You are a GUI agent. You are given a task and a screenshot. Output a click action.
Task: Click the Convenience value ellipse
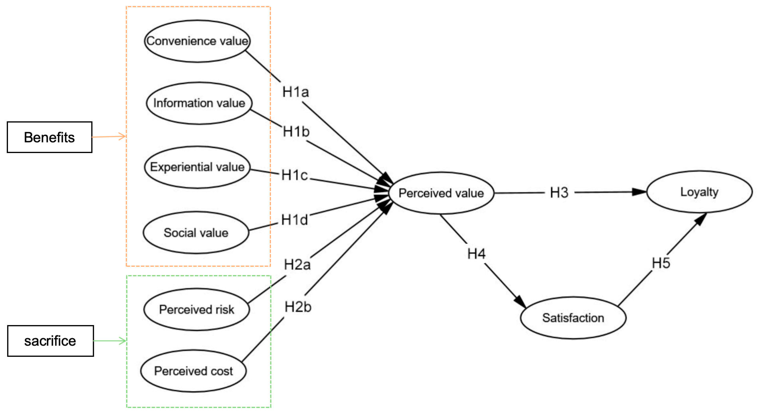pyautogui.click(x=197, y=41)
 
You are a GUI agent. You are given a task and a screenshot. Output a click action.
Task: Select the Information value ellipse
pyautogui.click(x=199, y=103)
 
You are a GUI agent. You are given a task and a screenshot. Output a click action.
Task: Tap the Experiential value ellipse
pyautogui.click(x=197, y=167)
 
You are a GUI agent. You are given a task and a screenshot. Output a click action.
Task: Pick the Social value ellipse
pyautogui.click(x=196, y=233)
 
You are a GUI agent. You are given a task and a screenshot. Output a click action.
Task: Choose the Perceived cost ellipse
pyautogui.click(x=193, y=371)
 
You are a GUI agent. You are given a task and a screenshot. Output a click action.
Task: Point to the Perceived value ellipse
pyautogui.click(x=441, y=193)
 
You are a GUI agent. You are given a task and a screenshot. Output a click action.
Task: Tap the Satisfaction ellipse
pyautogui.click(x=573, y=318)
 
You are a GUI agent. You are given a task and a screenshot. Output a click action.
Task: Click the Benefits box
pyautogui.click(x=49, y=137)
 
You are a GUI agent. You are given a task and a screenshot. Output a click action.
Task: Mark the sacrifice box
pyautogui.click(x=50, y=341)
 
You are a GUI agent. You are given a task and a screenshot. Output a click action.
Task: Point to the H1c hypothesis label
pyautogui.click(x=295, y=175)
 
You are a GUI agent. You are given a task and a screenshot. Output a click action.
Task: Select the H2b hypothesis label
pyautogui.click(x=298, y=307)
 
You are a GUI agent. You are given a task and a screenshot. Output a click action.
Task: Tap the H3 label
pyautogui.click(x=559, y=193)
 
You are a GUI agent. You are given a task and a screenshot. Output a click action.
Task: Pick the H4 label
pyautogui.click(x=476, y=254)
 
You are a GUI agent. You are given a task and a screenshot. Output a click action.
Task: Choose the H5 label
pyautogui.click(x=661, y=263)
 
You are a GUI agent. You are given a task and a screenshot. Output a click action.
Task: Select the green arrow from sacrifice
pyautogui.click(x=110, y=341)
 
